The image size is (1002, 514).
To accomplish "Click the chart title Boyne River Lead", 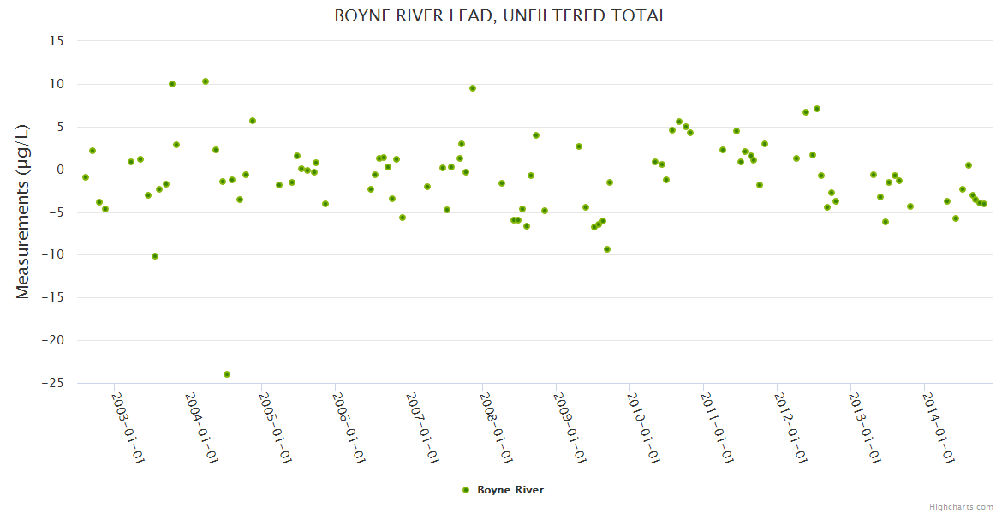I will tap(500, 15).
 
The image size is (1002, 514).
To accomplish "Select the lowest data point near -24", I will tap(227, 374).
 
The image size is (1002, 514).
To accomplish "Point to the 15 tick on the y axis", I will tap(57, 41).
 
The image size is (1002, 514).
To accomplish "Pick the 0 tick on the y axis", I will tap(61, 170).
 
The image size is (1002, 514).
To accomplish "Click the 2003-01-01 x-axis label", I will tap(128, 427).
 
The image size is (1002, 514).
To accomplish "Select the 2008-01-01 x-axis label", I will tap(495, 427).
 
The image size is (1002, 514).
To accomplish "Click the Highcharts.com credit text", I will tap(961, 506).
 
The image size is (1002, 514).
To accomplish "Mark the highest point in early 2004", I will tap(206, 81).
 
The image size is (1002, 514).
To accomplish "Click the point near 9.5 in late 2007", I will tap(473, 88).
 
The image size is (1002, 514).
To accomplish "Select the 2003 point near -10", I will tap(155, 256).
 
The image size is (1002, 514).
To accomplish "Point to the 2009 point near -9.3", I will tap(607, 249).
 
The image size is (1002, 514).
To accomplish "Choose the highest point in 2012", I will tap(817, 109).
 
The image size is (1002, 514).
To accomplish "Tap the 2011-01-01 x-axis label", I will tap(716, 427).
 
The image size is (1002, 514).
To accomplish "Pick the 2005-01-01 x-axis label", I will tap(275, 427).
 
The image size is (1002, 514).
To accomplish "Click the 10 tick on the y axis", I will tap(57, 84).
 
